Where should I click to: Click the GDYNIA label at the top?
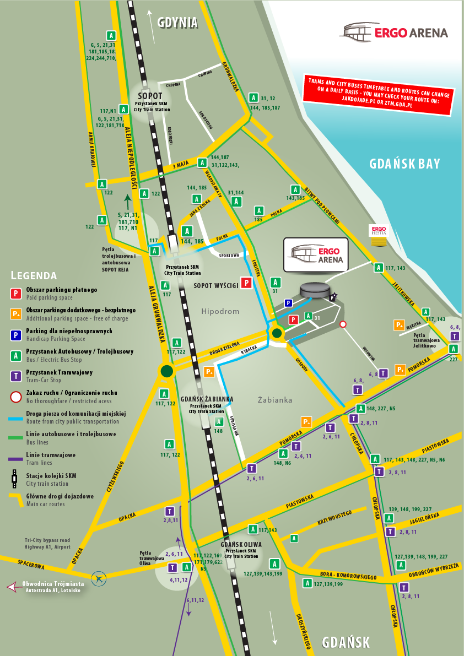pyautogui.click(x=177, y=23)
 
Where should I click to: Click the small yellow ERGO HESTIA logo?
pyautogui.click(x=379, y=231)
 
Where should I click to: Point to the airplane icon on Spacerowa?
pyautogui.click(x=100, y=578)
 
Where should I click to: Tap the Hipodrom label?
pyautogui.click(x=220, y=311)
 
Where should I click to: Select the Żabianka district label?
pyautogui.click(x=275, y=399)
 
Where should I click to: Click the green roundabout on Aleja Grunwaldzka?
pyautogui.click(x=166, y=371)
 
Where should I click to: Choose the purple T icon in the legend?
pyautogui.click(x=17, y=376)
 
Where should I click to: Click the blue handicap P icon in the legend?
pyautogui.click(x=17, y=334)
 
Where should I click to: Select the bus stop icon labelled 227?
pyautogui.click(x=453, y=349)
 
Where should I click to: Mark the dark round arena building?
pyautogui.click(x=315, y=290)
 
